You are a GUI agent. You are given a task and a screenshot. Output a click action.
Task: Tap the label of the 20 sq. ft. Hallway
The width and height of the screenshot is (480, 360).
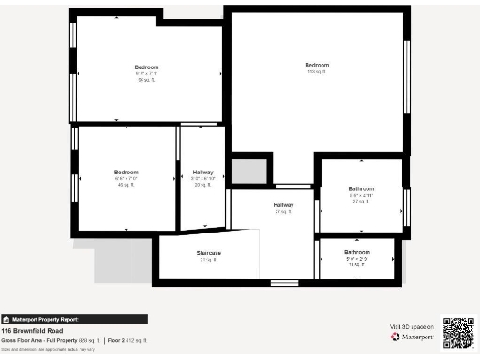click(x=202, y=172)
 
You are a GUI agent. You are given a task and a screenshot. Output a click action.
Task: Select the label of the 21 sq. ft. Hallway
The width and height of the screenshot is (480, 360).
click(x=283, y=204)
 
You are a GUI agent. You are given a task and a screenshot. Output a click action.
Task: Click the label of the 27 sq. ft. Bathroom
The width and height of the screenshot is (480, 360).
click(x=361, y=189)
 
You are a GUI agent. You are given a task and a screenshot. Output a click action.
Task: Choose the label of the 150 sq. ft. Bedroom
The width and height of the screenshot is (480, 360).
click(x=317, y=65)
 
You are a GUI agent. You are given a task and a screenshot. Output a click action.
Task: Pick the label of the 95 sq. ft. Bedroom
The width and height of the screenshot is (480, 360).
click(x=146, y=67)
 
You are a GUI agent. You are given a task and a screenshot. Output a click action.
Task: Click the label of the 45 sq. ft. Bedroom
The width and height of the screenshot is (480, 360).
click(x=127, y=172)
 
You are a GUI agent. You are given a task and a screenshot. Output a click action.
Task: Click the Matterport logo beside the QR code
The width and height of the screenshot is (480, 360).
click(x=410, y=337)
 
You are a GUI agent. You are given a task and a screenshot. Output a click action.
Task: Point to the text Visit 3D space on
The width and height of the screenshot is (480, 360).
click(x=411, y=326)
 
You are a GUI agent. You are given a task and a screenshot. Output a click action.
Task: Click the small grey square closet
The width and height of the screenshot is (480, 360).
click(x=248, y=171)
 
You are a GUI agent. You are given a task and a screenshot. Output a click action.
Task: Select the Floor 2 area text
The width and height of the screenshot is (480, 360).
click(x=127, y=339)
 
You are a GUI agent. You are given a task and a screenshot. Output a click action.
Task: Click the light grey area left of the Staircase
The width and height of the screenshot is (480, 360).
click(x=122, y=258)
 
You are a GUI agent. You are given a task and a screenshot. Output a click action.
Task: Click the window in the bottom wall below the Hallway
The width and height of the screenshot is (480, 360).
click(x=284, y=282)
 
